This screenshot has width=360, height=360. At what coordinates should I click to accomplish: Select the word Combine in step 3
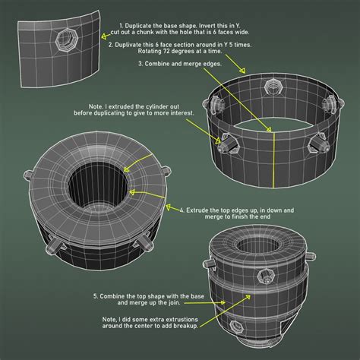point(157,64)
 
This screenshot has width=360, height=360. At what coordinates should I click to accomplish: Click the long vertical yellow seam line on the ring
point(273,160)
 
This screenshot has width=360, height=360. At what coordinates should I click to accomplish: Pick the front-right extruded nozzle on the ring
point(318,144)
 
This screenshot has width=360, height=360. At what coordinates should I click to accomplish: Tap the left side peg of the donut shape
point(27,175)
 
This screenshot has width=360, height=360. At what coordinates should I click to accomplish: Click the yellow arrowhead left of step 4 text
point(169,207)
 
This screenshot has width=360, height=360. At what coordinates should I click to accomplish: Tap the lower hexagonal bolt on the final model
point(235,327)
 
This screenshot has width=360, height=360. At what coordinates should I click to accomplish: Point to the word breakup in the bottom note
point(185,326)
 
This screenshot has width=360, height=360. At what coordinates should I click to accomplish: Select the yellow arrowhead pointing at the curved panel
point(104,36)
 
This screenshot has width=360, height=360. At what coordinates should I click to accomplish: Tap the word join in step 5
point(174,303)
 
